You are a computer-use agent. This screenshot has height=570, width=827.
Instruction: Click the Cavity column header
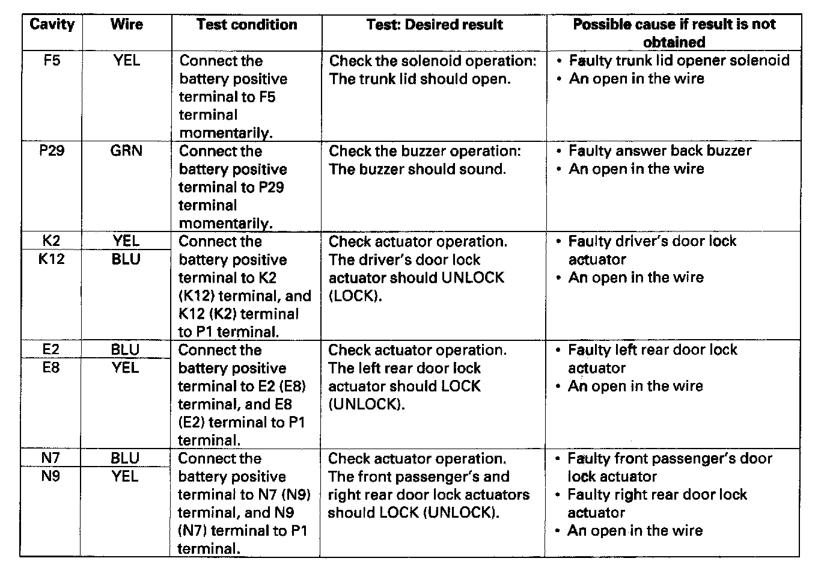(52, 25)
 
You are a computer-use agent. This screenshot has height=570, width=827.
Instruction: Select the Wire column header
(126, 25)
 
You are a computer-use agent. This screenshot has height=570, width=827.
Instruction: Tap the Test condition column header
(246, 25)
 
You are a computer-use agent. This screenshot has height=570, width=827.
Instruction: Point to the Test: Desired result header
(434, 25)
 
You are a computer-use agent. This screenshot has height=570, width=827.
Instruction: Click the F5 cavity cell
(52, 60)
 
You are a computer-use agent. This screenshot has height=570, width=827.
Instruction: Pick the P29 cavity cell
(52, 150)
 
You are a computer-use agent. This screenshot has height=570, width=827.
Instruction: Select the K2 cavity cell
(52, 241)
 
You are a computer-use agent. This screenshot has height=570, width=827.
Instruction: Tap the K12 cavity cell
(52, 259)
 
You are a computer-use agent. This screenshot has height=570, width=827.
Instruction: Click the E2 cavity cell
(52, 350)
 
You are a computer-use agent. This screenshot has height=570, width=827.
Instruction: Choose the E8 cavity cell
(52, 367)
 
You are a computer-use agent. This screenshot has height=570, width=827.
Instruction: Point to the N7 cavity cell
(52, 458)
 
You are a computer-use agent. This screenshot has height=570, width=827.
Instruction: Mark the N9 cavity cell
(52, 476)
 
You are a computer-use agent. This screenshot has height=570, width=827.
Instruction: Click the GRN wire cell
(126, 150)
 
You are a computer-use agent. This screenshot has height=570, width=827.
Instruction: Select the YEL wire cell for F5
(126, 60)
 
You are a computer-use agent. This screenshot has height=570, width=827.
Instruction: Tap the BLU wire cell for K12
(126, 259)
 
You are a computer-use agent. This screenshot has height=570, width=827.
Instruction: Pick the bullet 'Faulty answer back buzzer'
(659, 150)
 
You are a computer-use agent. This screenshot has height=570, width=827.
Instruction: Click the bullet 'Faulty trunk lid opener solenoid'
(679, 60)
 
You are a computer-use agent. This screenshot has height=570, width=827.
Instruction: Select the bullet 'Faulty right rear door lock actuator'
(656, 503)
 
